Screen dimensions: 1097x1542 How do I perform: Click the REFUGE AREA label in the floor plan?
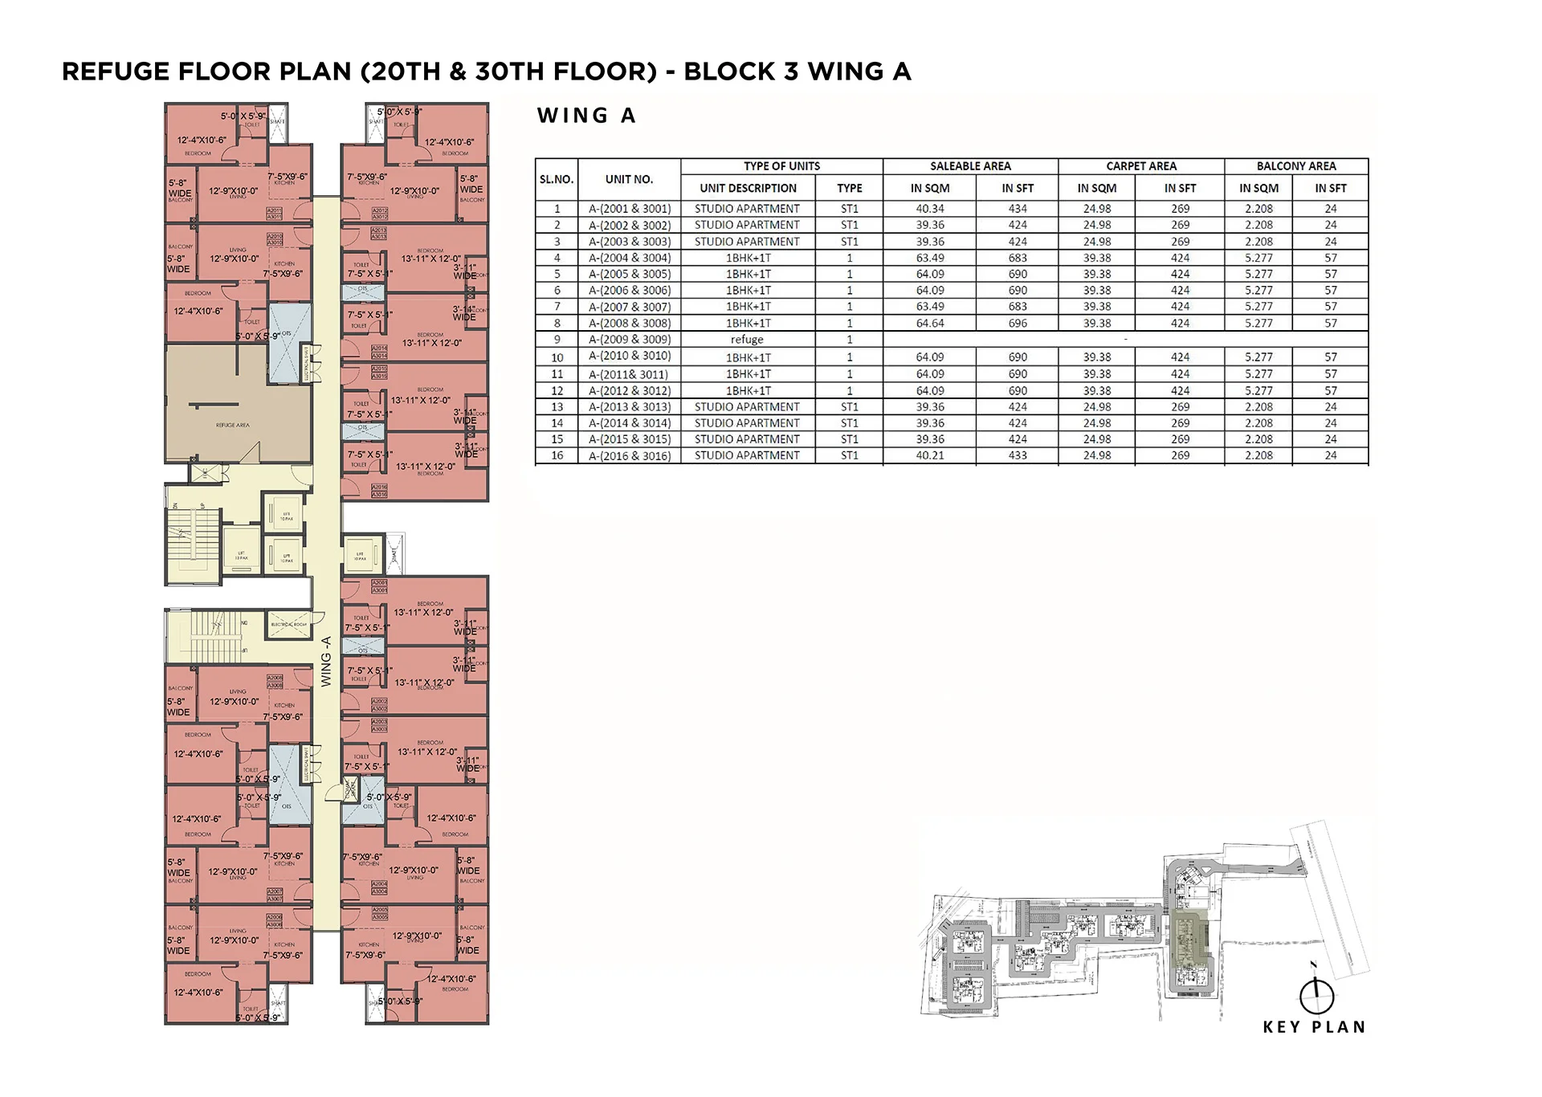pyautogui.click(x=232, y=425)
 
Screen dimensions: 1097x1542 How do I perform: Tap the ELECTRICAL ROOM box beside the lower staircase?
pyautogui.click(x=288, y=624)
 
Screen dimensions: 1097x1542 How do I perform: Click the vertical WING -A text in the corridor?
pyautogui.click(x=326, y=661)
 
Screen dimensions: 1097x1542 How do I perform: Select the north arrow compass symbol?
pyautogui.click(x=1316, y=996)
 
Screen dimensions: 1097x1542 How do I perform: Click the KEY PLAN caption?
pyautogui.click(x=1314, y=1027)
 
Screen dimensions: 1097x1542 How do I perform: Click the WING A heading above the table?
pyautogui.click(x=586, y=116)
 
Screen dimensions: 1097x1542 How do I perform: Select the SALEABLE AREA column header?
pyautogui.click(x=970, y=166)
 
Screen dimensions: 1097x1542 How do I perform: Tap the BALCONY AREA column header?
pyautogui.click(x=1296, y=166)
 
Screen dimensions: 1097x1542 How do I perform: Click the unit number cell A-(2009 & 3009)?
pyautogui.click(x=630, y=340)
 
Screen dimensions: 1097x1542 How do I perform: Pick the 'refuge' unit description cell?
pyautogui.click(x=747, y=340)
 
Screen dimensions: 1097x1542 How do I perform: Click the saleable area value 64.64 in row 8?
pyautogui.click(x=930, y=323)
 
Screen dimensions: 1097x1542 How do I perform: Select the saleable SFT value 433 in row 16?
pyautogui.click(x=1018, y=455)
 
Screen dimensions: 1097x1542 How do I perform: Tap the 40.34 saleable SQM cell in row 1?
pyautogui.click(x=930, y=209)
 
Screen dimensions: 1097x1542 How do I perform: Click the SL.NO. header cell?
pyautogui.click(x=557, y=179)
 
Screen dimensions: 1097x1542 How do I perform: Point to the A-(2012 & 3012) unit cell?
pyautogui.click(x=630, y=390)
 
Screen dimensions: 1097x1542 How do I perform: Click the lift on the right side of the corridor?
pyautogui.click(x=361, y=554)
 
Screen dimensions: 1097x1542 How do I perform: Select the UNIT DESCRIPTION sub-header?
pyautogui.click(x=748, y=188)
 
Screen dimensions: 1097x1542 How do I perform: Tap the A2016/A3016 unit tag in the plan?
pyautogui.click(x=379, y=491)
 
